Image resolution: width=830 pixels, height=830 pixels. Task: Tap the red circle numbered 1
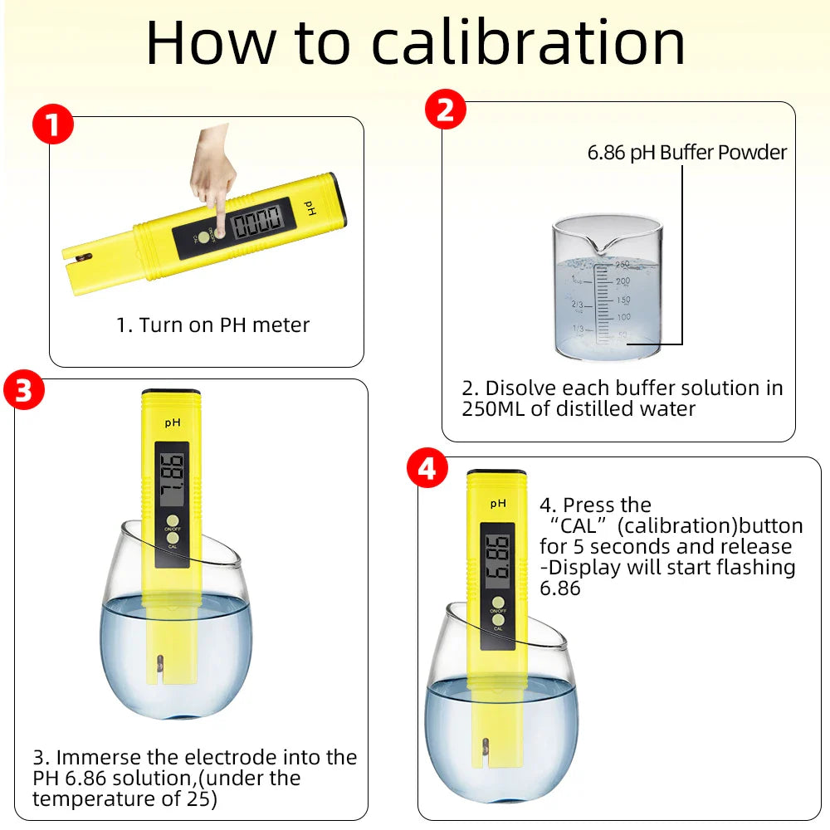(53, 126)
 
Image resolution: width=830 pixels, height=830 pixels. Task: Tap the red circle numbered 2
(446, 110)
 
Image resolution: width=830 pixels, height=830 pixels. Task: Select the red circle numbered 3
(24, 390)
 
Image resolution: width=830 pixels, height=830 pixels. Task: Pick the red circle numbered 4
(427, 470)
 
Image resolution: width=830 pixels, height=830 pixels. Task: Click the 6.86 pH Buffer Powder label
(686, 153)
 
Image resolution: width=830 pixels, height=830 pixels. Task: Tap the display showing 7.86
(172, 480)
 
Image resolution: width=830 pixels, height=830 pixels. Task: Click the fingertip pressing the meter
(221, 229)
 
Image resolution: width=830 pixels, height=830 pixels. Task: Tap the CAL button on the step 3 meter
(172, 538)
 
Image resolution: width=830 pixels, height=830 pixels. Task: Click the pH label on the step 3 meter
(172, 422)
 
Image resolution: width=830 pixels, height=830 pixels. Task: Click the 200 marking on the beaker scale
(622, 281)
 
